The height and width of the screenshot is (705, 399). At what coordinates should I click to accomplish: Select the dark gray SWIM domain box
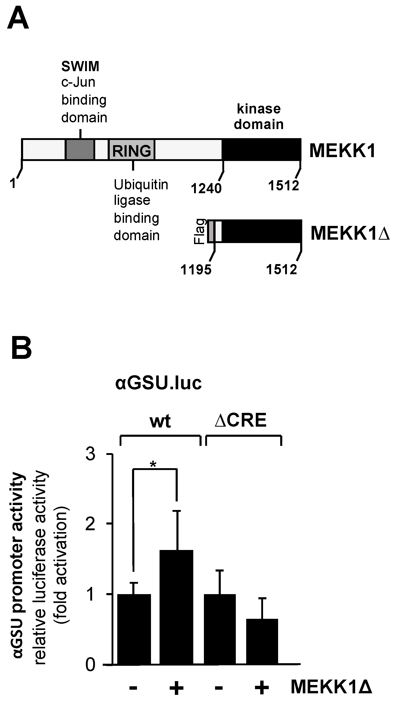click(x=80, y=150)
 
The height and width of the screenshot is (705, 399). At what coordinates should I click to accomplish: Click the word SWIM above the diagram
click(x=80, y=66)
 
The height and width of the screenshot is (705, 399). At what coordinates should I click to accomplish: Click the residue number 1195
click(x=196, y=270)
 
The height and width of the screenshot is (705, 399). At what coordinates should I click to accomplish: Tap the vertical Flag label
click(x=200, y=231)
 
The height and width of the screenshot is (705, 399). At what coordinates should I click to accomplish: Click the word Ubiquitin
click(x=141, y=185)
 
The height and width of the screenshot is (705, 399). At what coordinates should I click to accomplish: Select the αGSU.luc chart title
click(x=159, y=383)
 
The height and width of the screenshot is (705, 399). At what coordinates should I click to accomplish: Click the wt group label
click(x=160, y=421)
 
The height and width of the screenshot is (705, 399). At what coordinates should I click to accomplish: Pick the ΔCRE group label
click(x=240, y=420)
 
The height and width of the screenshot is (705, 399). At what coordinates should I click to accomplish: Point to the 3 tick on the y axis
click(x=91, y=454)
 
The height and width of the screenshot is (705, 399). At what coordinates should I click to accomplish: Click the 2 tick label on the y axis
click(x=91, y=524)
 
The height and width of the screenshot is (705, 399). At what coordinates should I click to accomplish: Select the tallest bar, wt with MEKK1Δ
click(x=176, y=607)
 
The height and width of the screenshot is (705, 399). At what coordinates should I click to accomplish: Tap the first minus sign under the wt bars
click(x=133, y=687)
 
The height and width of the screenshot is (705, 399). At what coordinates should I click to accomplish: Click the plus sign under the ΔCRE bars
click(x=262, y=687)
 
